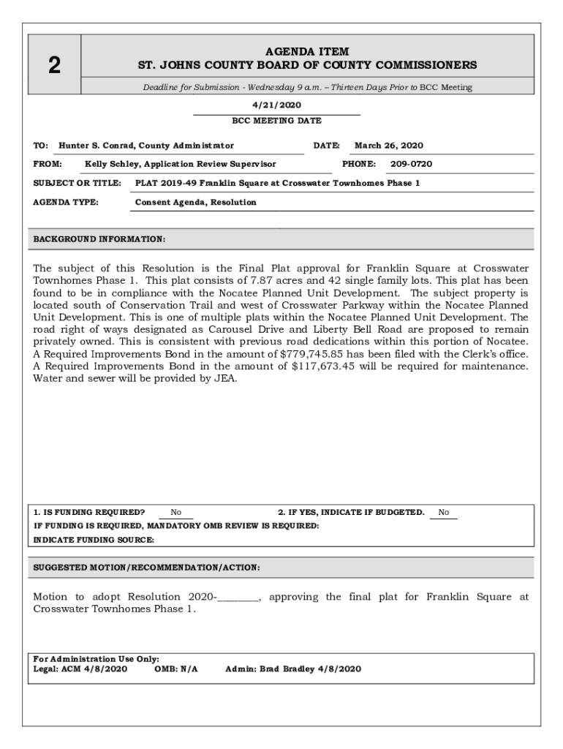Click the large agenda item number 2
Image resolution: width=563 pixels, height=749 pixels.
coord(54,66)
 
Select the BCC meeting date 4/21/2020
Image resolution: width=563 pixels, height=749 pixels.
coord(276,105)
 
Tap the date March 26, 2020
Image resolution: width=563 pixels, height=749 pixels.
coord(389,146)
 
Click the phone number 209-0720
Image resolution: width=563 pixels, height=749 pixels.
coord(411,165)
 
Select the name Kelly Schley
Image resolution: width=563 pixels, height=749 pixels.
coord(112,165)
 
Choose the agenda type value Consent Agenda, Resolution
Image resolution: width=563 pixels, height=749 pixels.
coord(196,203)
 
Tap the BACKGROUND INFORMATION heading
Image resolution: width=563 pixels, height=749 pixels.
coord(100,239)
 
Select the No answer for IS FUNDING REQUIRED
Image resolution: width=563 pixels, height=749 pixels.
coord(176,513)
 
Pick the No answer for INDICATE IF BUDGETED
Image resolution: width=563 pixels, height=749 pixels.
coord(444,513)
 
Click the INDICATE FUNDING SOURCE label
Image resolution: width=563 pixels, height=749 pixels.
coord(94,540)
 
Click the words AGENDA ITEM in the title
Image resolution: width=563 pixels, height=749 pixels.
coord(307,52)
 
